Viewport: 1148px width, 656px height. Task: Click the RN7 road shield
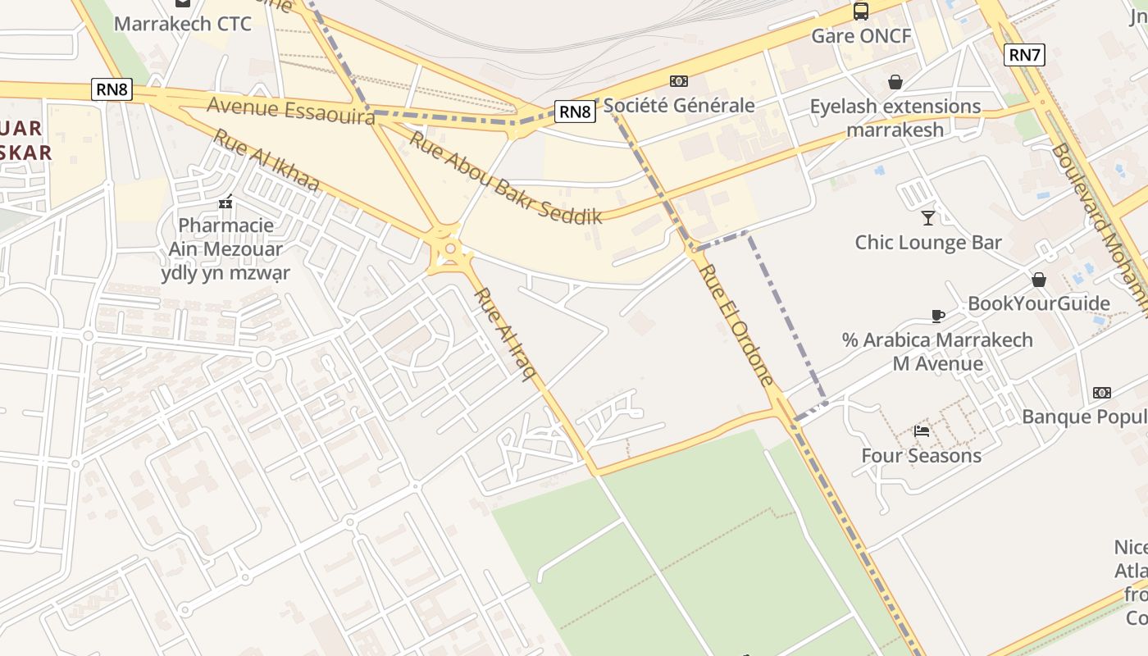point(1024,55)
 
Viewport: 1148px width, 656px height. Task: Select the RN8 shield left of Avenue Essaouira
point(112,89)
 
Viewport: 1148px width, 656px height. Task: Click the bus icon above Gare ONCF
point(861,11)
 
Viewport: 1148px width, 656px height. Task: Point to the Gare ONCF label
point(861,36)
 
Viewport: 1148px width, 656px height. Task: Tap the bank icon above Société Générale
point(679,81)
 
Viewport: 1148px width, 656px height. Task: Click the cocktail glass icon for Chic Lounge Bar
point(928,217)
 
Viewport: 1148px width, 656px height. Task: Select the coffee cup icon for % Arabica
point(938,316)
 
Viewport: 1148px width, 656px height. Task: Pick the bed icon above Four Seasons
point(922,431)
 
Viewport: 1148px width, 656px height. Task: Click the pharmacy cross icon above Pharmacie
point(225,202)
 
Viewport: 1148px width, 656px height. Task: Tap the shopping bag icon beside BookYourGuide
point(1039,280)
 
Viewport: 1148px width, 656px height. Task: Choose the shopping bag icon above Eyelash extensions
point(895,82)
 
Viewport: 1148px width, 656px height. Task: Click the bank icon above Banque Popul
point(1102,393)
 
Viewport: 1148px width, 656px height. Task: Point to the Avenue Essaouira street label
point(291,111)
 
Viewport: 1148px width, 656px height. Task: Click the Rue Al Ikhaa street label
point(266,161)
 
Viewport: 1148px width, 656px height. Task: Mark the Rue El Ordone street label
point(738,325)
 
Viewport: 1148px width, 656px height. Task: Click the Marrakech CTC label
point(183,23)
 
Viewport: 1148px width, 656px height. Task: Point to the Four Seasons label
point(922,456)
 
